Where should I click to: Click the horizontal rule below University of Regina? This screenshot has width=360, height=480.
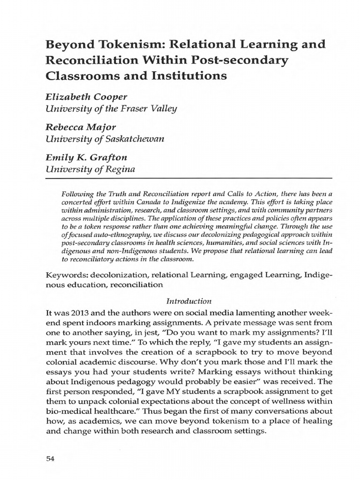(188, 179)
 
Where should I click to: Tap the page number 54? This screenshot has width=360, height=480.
(51, 459)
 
